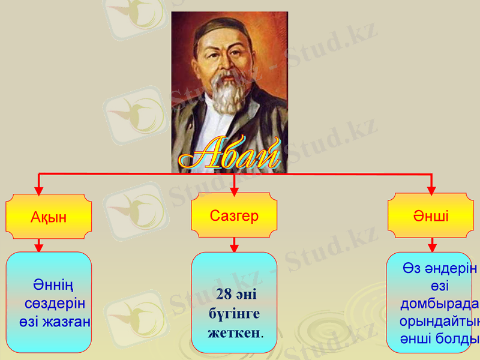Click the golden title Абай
coord(230,154)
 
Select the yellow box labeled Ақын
coord(49,217)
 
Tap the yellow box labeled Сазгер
coord(234,215)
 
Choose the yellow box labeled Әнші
coord(430,215)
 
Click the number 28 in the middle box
coord(223,295)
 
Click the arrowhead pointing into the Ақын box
coord(39,190)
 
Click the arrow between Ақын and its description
coord(39,245)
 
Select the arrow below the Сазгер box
coord(235,245)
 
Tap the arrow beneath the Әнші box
coord(431,245)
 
